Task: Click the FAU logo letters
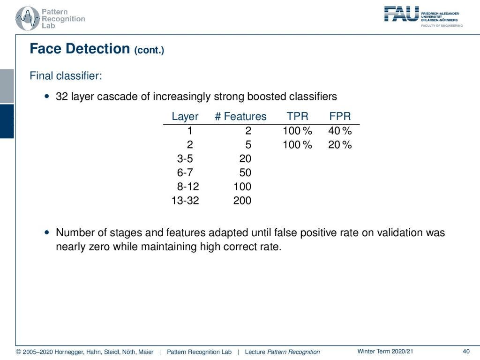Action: point(401,14)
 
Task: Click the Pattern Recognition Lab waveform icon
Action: point(27,18)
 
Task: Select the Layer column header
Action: point(185,117)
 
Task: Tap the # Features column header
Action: point(240,117)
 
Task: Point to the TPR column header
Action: point(297,117)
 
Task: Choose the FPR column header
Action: point(340,117)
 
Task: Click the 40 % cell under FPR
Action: point(340,131)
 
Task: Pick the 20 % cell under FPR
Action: point(340,145)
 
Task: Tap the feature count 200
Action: point(242,201)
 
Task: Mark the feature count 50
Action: point(245,173)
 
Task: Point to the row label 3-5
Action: point(185,159)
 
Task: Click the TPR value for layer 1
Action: point(297,131)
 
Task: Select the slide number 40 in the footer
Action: point(466,352)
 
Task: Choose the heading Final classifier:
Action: point(66,75)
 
